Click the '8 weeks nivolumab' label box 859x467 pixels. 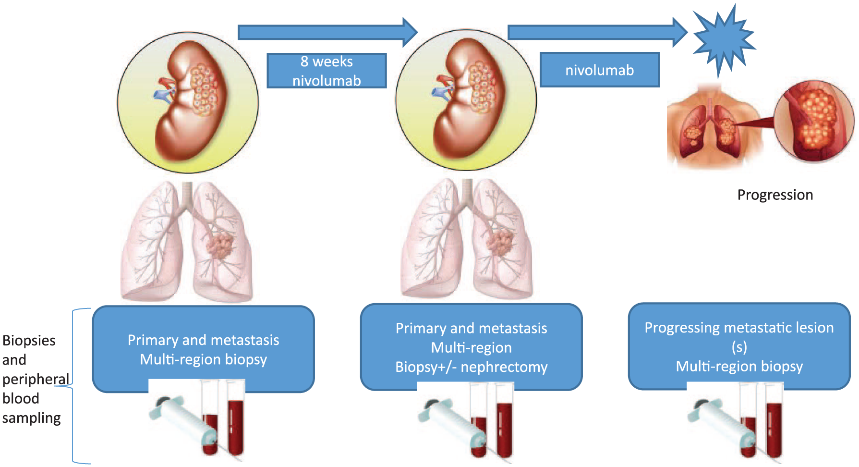coord(327,71)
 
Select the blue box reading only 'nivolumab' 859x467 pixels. coord(599,70)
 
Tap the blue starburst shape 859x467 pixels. coord(723,40)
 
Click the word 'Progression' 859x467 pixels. coord(775,195)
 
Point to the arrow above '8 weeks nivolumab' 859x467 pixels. coord(328,32)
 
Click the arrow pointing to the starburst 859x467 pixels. coord(598,32)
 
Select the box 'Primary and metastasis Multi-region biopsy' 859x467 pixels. coord(203,349)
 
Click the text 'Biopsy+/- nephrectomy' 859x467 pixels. coord(471,367)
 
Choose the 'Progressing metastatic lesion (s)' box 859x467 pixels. coord(739,346)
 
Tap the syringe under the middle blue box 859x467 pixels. coord(453,423)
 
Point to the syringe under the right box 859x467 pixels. coord(722,423)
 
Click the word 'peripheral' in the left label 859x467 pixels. coord(36,380)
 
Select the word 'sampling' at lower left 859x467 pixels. coord(31,418)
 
